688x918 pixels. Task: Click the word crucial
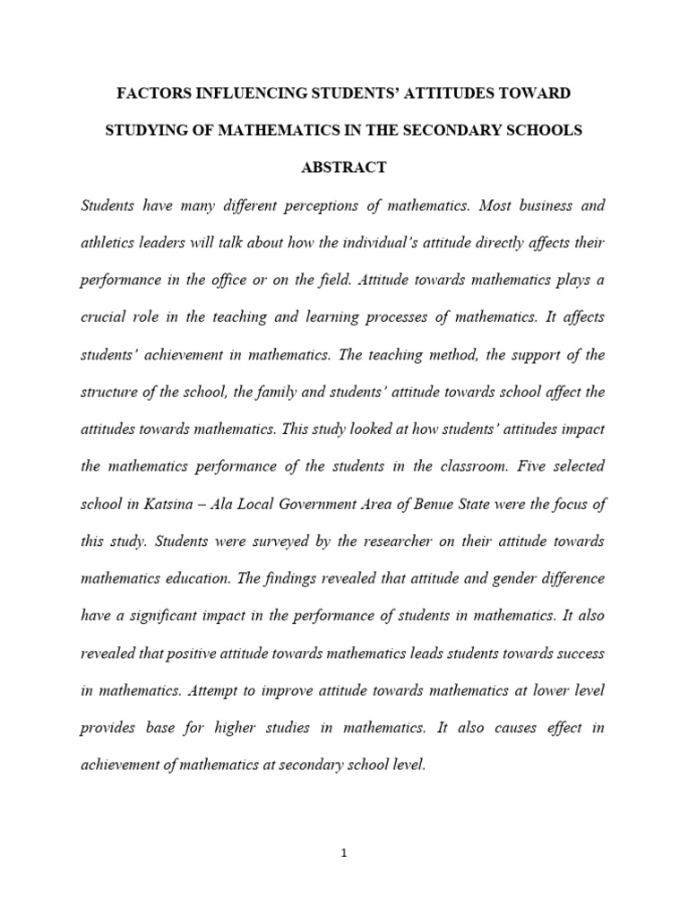pyautogui.click(x=102, y=317)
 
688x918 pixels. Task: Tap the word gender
pyautogui.click(x=500, y=578)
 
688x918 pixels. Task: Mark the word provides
pyautogui.click(x=108, y=728)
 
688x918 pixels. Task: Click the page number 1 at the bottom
pyautogui.click(x=343, y=853)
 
